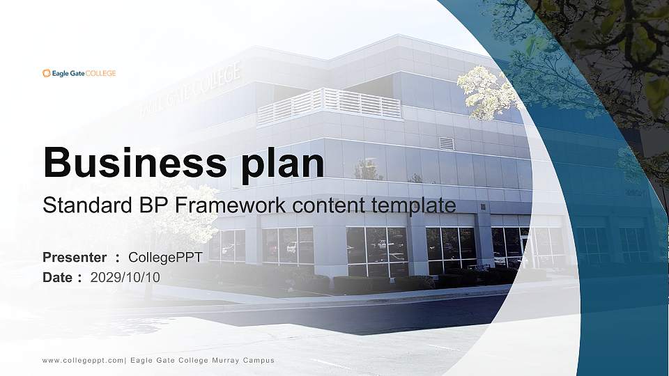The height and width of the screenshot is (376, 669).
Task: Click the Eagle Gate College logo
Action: pos(79,72)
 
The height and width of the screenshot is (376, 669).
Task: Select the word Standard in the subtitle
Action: pos(82,205)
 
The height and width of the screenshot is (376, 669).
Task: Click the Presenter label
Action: pos(75,258)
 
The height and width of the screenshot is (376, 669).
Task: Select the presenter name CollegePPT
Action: pos(166,258)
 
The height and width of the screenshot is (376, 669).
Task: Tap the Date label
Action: pos(58,277)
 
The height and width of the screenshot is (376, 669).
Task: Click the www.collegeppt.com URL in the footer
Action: pos(83,360)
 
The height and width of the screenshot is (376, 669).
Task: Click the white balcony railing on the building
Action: pos(329,105)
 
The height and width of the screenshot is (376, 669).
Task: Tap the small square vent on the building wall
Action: pos(446,143)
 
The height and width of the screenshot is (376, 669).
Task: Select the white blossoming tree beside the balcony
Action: pos(488,91)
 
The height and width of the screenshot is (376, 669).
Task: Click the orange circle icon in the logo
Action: pos(46,72)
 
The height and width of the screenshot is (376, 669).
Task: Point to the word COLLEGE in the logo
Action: pos(101,72)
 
